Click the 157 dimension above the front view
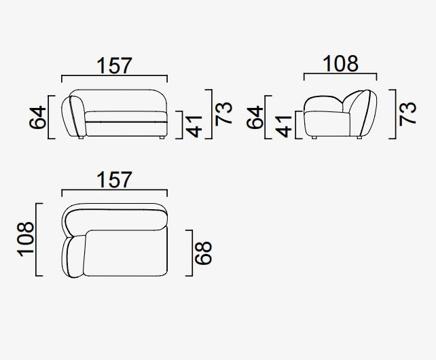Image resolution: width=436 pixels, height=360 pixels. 114,66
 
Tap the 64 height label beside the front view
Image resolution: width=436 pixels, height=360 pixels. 37,117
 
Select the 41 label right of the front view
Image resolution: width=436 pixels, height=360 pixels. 194,126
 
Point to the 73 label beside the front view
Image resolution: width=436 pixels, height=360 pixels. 223,113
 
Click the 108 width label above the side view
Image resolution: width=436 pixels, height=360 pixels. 341,63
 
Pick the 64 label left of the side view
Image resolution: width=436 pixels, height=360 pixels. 255,117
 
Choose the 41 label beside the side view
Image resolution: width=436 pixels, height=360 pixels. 283,126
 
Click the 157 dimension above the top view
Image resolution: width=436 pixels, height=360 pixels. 114,180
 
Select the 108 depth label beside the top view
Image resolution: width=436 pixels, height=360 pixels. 26,239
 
